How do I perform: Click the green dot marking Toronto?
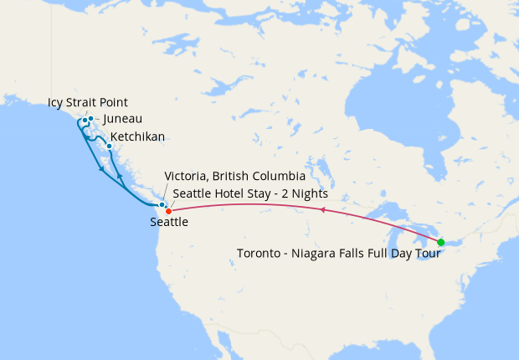pos(441,243)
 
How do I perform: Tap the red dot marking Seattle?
pos(168,210)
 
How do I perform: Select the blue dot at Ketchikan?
pos(109,146)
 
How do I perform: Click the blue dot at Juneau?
pos(90,118)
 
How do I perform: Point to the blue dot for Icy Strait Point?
pos(85,121)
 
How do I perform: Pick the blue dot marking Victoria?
pos(162,204)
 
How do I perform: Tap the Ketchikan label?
pos(137,136)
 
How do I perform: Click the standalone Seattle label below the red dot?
pos(169,223)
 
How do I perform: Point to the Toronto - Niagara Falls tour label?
pos(338,254)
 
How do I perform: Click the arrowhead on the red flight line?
pos(323,211)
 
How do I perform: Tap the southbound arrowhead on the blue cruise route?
pos(102,169)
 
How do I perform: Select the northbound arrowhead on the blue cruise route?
pos(121,177)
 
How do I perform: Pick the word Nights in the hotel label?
pos(309,193)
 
